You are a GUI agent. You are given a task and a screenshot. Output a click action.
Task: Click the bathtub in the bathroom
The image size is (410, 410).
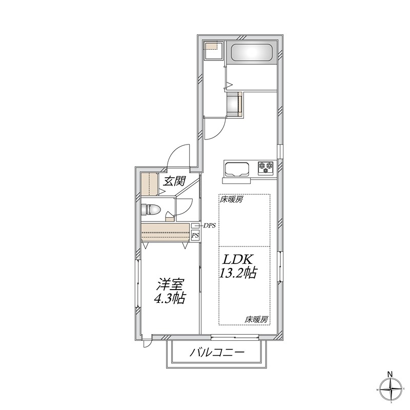pos(252,53)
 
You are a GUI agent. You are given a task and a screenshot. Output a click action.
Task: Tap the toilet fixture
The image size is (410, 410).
pos(151,210)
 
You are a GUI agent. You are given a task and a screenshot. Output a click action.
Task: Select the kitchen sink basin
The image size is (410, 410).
pos(237,169)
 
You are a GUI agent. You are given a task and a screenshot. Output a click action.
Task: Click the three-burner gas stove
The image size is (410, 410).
pos(266,168)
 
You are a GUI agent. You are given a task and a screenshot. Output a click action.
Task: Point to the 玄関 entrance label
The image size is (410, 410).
pos(174,181)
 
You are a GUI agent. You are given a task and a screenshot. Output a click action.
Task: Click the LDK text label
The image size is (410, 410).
pos(237,260)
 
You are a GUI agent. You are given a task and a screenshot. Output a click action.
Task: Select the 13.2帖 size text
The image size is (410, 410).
pos(238,273)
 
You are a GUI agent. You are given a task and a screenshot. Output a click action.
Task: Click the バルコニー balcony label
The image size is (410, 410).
pos(217,353)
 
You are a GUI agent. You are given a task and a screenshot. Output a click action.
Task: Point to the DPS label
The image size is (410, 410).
pos(210,225)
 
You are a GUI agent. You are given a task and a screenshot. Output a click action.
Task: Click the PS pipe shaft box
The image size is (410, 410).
pos(195,235)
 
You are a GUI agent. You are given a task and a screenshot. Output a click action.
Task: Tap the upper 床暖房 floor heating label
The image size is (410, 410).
pos(232,200)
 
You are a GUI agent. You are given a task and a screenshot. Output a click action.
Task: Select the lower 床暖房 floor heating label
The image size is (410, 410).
pos(257,319)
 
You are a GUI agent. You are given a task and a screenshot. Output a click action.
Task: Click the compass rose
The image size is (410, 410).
pos(391,389)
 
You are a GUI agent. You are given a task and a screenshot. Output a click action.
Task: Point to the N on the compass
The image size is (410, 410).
pos(390,374)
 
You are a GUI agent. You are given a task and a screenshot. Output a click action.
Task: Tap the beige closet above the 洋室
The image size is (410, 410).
pos(165,232)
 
